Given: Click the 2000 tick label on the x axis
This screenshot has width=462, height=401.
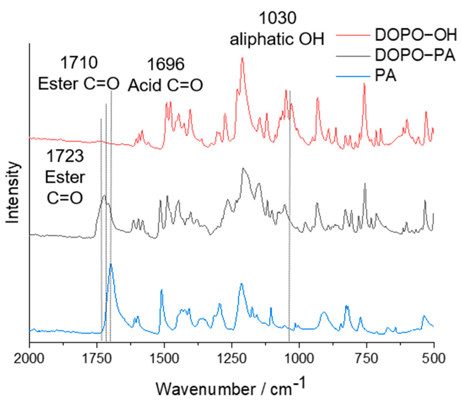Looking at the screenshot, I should [x=29, y=359].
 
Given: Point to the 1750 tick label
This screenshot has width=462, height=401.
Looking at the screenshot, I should [x=97, y=359].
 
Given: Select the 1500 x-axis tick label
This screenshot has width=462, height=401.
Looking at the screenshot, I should [x=164, y=359].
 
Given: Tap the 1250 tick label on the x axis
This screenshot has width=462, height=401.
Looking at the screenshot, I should [x=232, y=359].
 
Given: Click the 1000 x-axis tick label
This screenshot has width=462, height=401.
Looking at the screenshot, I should [x=299, y=359].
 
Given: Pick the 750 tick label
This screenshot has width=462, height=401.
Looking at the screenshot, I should [x=366, y=359].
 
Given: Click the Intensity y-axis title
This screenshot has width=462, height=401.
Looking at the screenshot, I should [x=13, y=193].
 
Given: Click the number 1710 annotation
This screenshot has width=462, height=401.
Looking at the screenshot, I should [x=79, y=63].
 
